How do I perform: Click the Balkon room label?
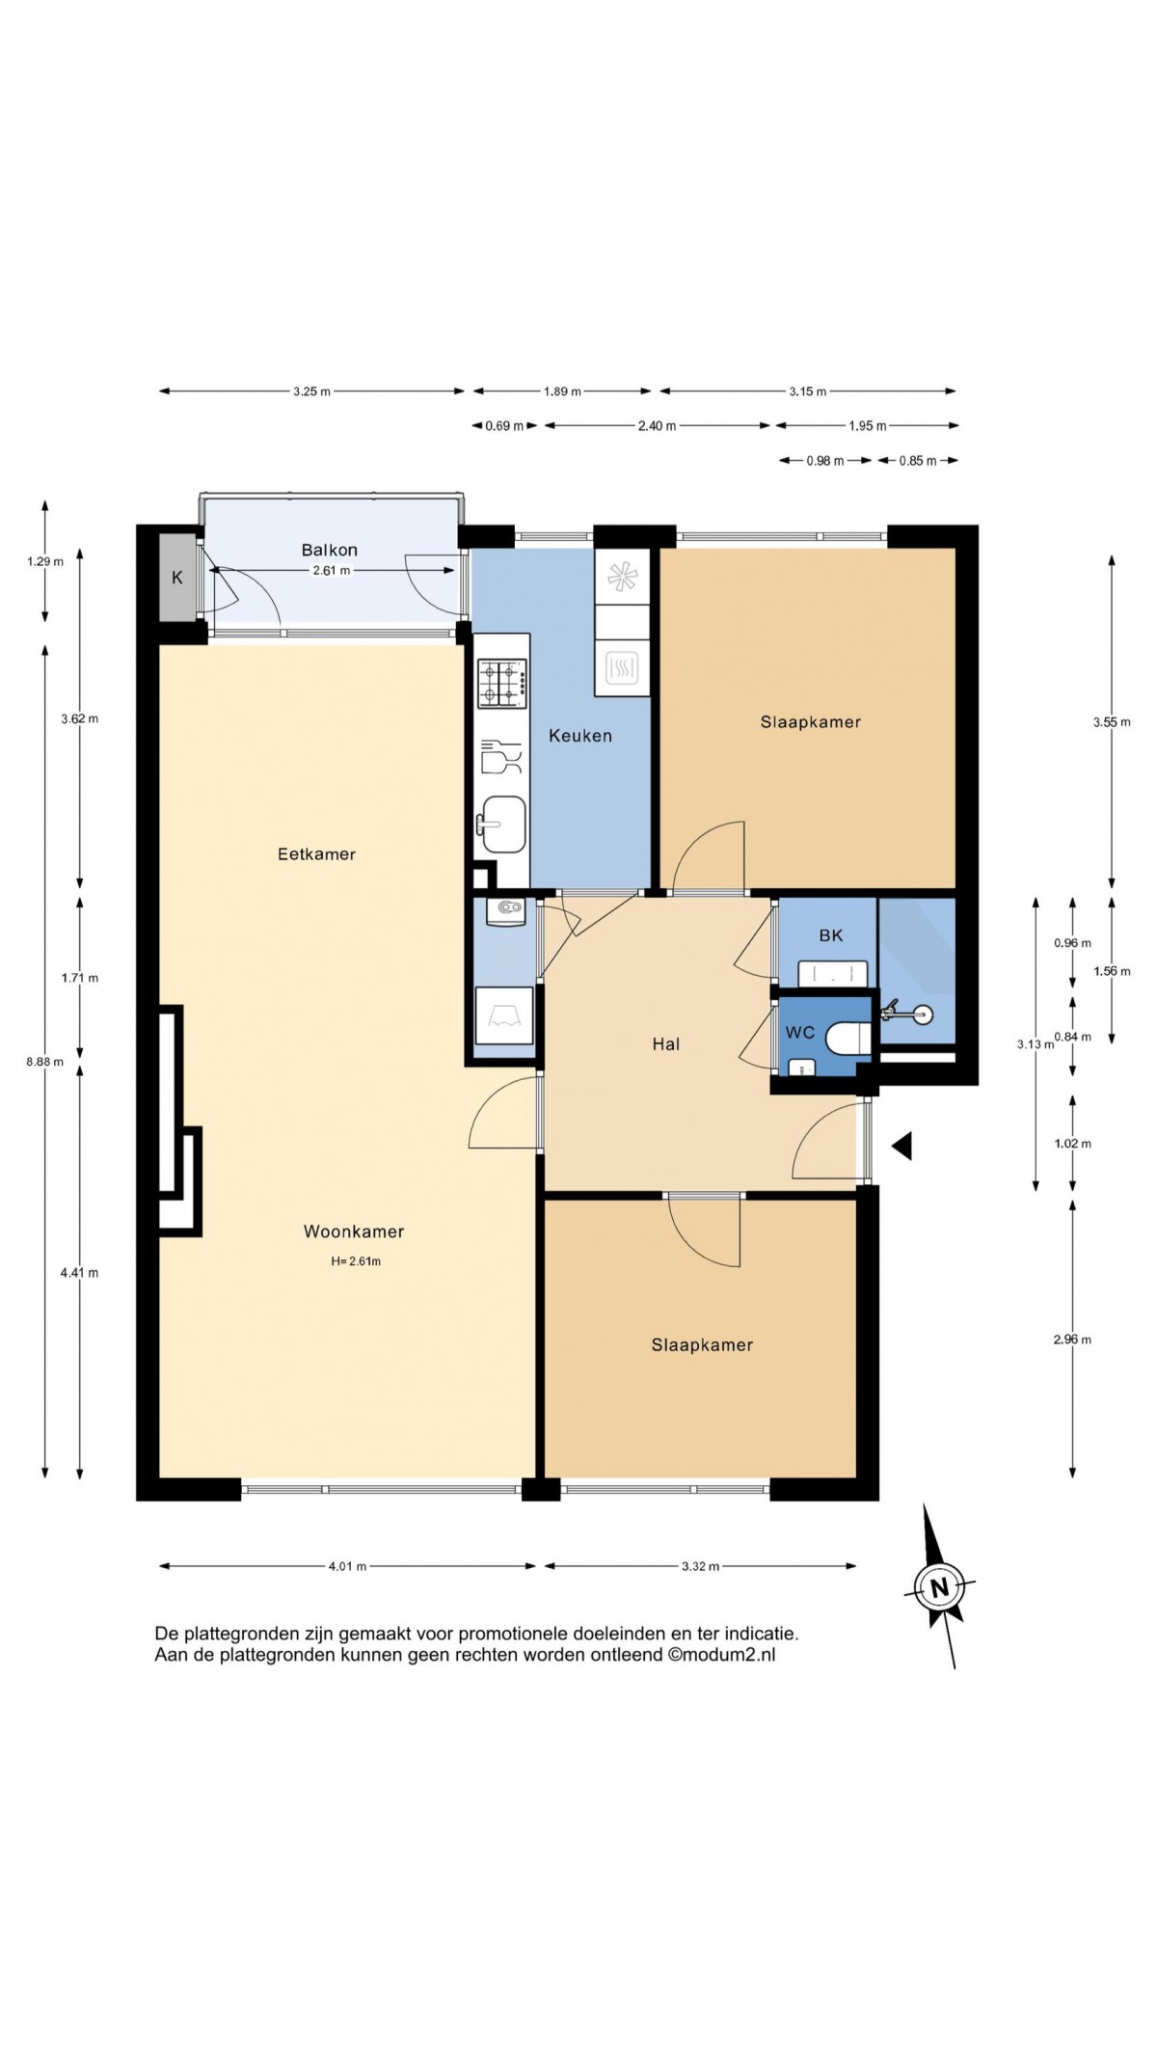point(330,550)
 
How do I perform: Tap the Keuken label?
point(580,736)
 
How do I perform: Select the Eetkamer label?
point(316,853)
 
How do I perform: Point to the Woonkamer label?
point(354,1231)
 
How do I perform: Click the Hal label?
point(666,1043)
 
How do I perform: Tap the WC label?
point(800,1033)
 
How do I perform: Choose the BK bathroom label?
point(831,935)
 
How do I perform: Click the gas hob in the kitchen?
point(502,683)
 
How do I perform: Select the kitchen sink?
point(502,824)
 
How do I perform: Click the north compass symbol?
point(940,1585)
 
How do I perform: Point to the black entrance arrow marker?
point(901,1146)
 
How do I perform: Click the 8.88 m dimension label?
point(44,1062)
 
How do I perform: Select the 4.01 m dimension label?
point(347,1566)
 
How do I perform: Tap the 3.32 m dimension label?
point(700,1566)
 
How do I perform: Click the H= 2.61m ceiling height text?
point(356,1260)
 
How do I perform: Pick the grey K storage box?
point(177,578)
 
